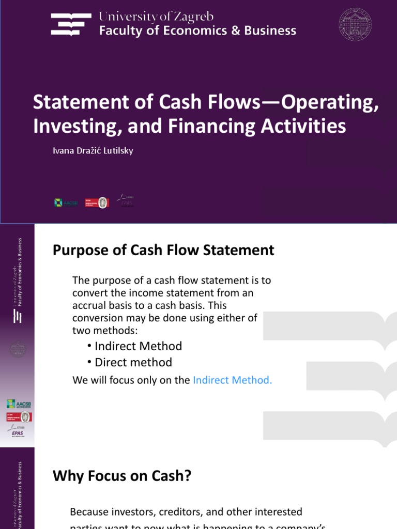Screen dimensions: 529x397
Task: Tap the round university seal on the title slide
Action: point(355,23)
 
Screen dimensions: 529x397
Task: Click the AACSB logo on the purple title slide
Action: point(66,203)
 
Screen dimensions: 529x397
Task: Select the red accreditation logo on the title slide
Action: point(96,202)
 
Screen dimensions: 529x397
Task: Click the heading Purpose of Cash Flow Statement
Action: point(163,251)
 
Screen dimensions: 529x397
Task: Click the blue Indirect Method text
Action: point(232,380)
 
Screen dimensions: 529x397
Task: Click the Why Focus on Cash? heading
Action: point(122,476)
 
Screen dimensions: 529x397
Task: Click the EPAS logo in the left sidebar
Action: point(18,431)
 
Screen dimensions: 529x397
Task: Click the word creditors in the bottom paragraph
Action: point(173,512)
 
